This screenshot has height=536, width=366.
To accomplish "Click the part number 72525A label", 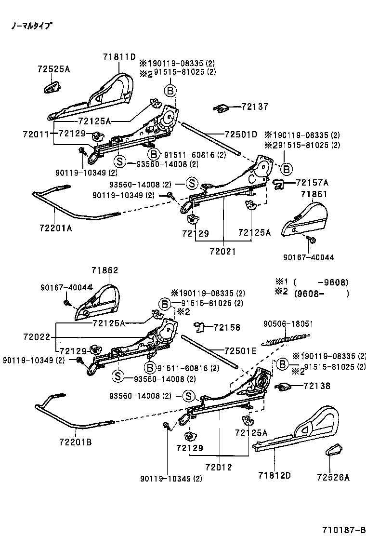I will (x=53, y=69).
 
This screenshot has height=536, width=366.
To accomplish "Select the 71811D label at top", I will (x=119, y=56).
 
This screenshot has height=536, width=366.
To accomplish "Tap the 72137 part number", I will (x=255, y=107).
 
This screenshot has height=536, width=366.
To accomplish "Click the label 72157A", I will (x=312, y=183).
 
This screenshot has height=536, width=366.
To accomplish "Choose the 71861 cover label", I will (x=314, y=194).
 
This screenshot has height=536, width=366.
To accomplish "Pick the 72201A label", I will (x=52, y=228).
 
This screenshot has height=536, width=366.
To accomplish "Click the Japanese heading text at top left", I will (x=32, y=26).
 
